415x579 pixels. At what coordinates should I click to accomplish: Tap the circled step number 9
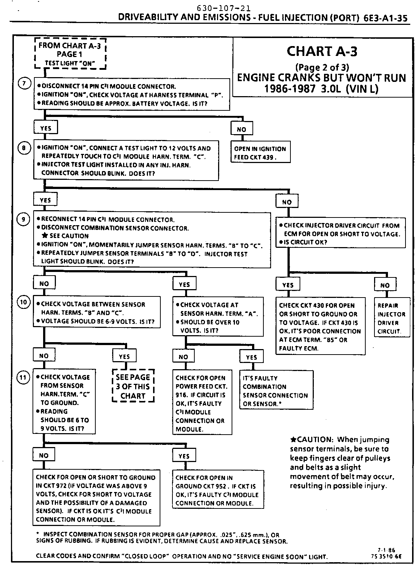coord(23,219)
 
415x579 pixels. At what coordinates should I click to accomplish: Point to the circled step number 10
coord(23,302)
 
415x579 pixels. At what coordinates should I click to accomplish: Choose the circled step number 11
coord(23,377)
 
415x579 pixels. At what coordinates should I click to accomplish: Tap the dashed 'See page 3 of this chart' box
coord(133,386)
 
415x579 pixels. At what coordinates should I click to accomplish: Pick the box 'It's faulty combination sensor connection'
coord(276,390)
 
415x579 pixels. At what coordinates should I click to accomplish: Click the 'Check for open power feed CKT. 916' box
coord(202,403)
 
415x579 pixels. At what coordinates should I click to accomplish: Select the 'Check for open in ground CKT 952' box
coord(218,490)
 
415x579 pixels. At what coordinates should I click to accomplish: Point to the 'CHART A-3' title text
coord(322,51)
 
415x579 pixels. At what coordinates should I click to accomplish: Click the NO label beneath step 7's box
coord(241,129)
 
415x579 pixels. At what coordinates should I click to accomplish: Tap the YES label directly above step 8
coord(45,128)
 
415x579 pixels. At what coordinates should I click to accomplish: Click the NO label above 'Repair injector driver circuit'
coord(385,285)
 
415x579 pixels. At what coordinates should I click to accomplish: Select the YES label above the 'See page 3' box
coord(124,356)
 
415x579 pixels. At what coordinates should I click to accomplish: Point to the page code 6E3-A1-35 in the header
coord(385,18)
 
